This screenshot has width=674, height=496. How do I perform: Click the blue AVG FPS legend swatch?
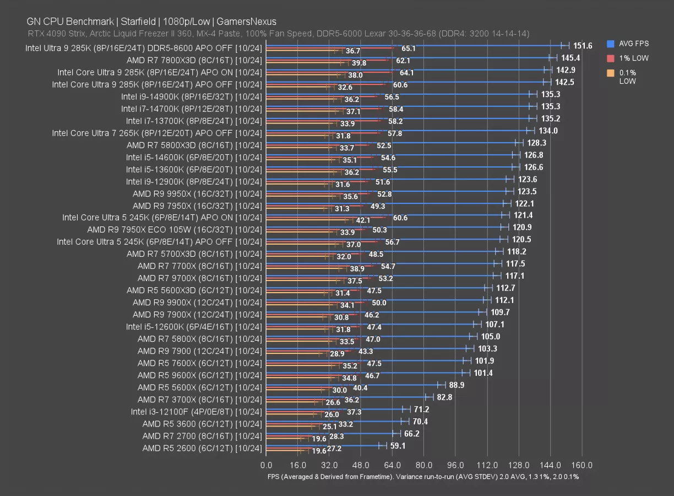coord(610,44)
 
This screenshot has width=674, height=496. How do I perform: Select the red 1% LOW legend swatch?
coord(610,58)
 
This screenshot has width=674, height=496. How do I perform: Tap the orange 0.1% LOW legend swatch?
coord(610,73)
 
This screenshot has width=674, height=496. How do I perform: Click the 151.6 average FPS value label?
coord(583,46)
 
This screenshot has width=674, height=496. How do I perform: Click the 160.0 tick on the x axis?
coord(582,465)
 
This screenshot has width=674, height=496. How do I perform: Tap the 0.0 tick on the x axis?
coord(266,465)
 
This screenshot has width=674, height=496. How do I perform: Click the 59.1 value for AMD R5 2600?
coord(398,445)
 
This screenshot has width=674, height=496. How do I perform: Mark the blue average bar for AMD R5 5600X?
coord(352,384)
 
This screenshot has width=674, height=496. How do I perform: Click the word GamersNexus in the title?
coord(246,21)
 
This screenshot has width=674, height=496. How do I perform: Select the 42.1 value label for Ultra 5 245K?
coord(363,220)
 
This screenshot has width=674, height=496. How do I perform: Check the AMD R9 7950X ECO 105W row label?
coord(175,230)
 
